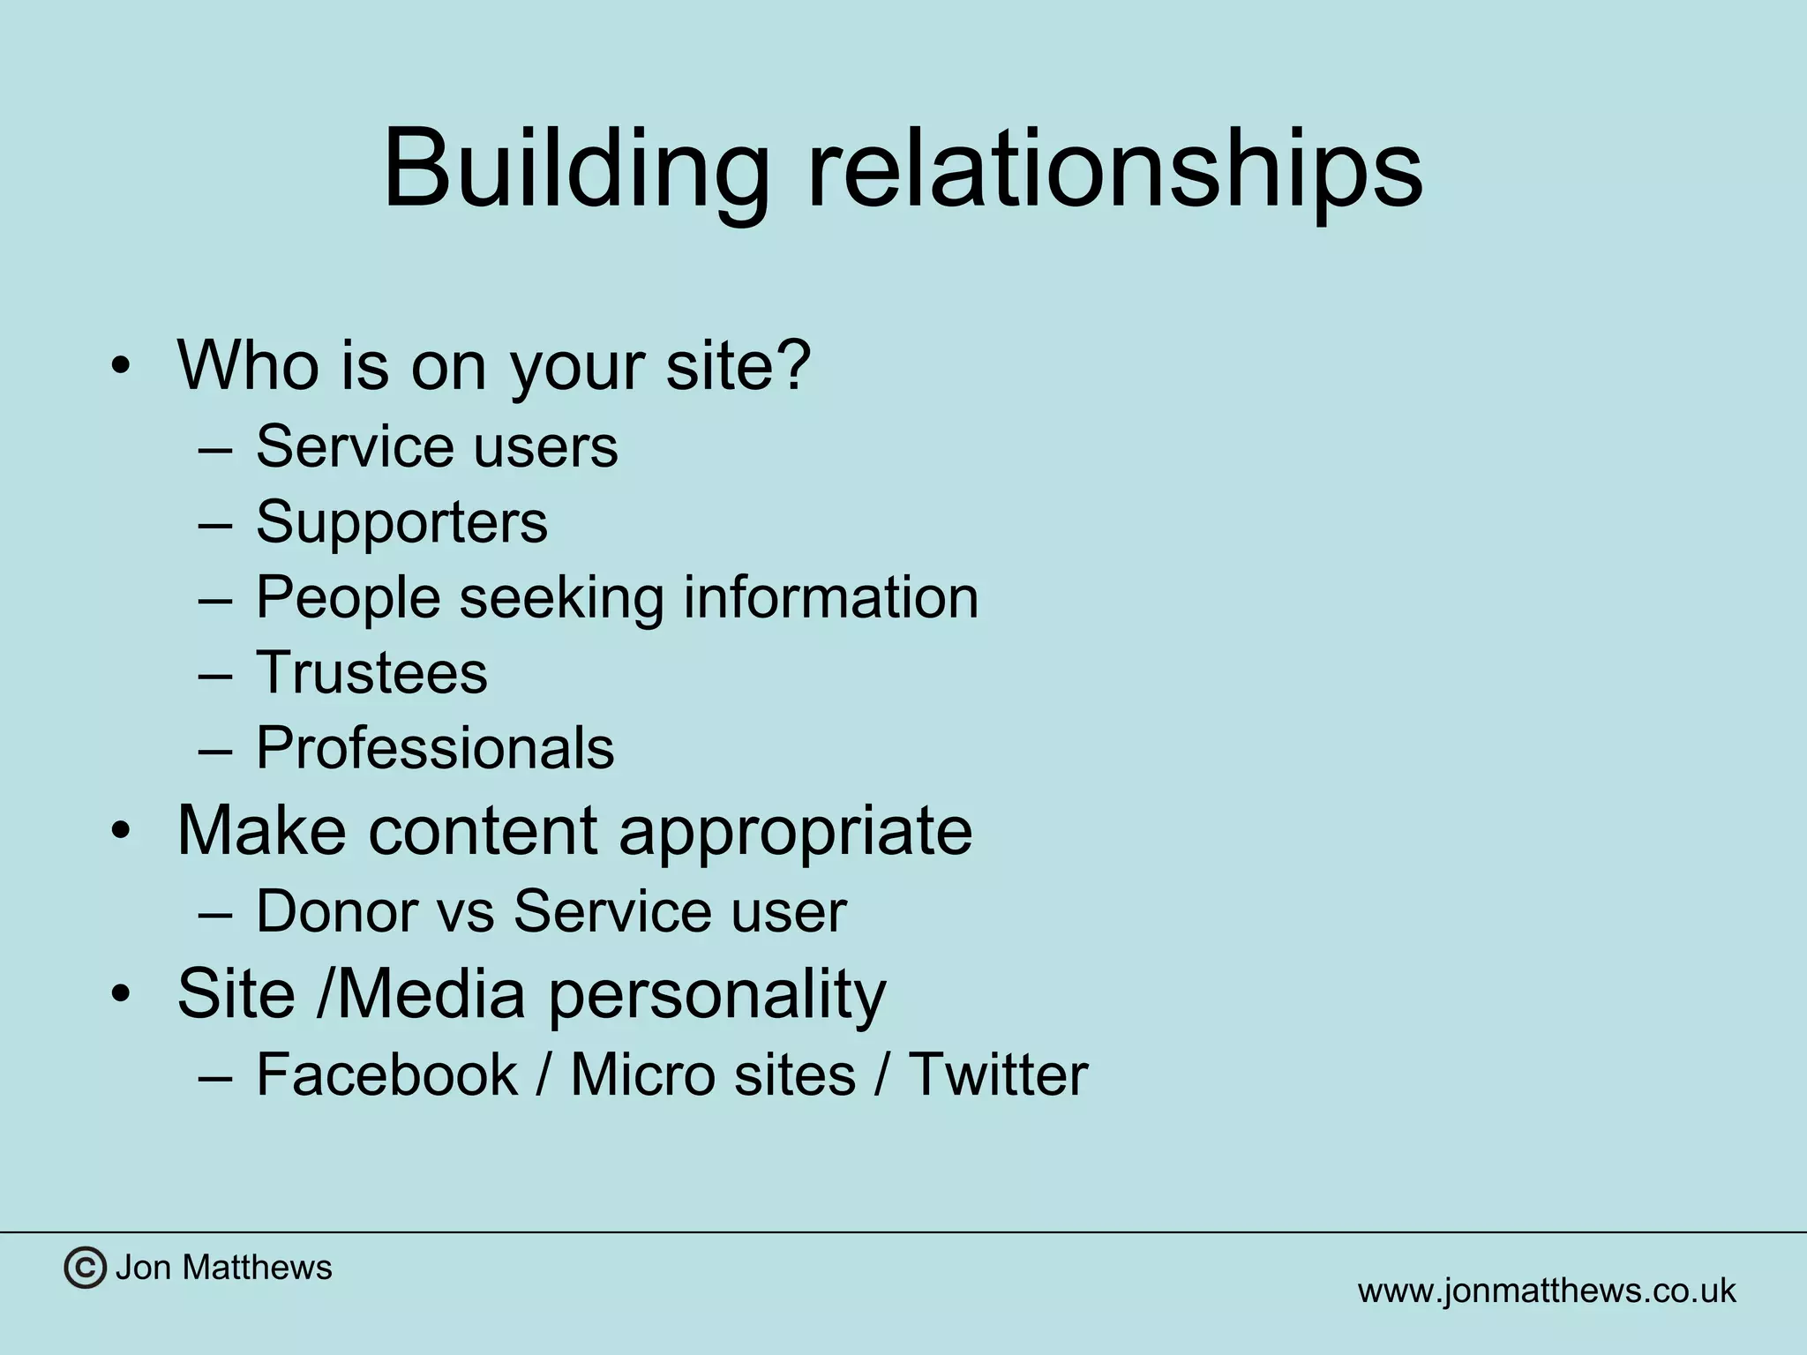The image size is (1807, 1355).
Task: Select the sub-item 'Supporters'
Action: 401,522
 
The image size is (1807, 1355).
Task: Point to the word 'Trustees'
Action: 371,673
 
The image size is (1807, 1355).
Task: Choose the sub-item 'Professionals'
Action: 435,748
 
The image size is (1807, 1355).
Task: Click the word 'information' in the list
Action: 830,597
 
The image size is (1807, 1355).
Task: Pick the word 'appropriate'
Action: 795,830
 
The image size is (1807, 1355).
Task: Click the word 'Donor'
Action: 336,911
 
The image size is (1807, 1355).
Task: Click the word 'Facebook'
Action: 386,1074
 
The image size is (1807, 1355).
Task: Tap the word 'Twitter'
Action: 998,1074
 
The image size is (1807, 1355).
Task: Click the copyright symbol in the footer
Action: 85,1269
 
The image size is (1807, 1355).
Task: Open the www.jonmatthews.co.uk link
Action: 1546,1291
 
